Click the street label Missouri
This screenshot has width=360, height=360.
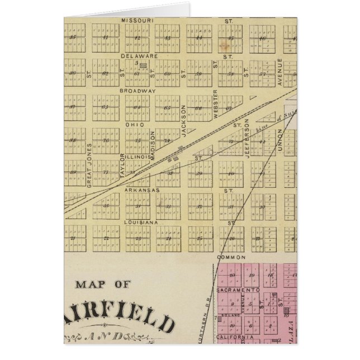click(134, 20)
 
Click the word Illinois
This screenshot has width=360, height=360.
click(138, 157)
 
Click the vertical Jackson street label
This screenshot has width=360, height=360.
click(183, 117)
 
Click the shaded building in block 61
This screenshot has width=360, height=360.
click(143, 66)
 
